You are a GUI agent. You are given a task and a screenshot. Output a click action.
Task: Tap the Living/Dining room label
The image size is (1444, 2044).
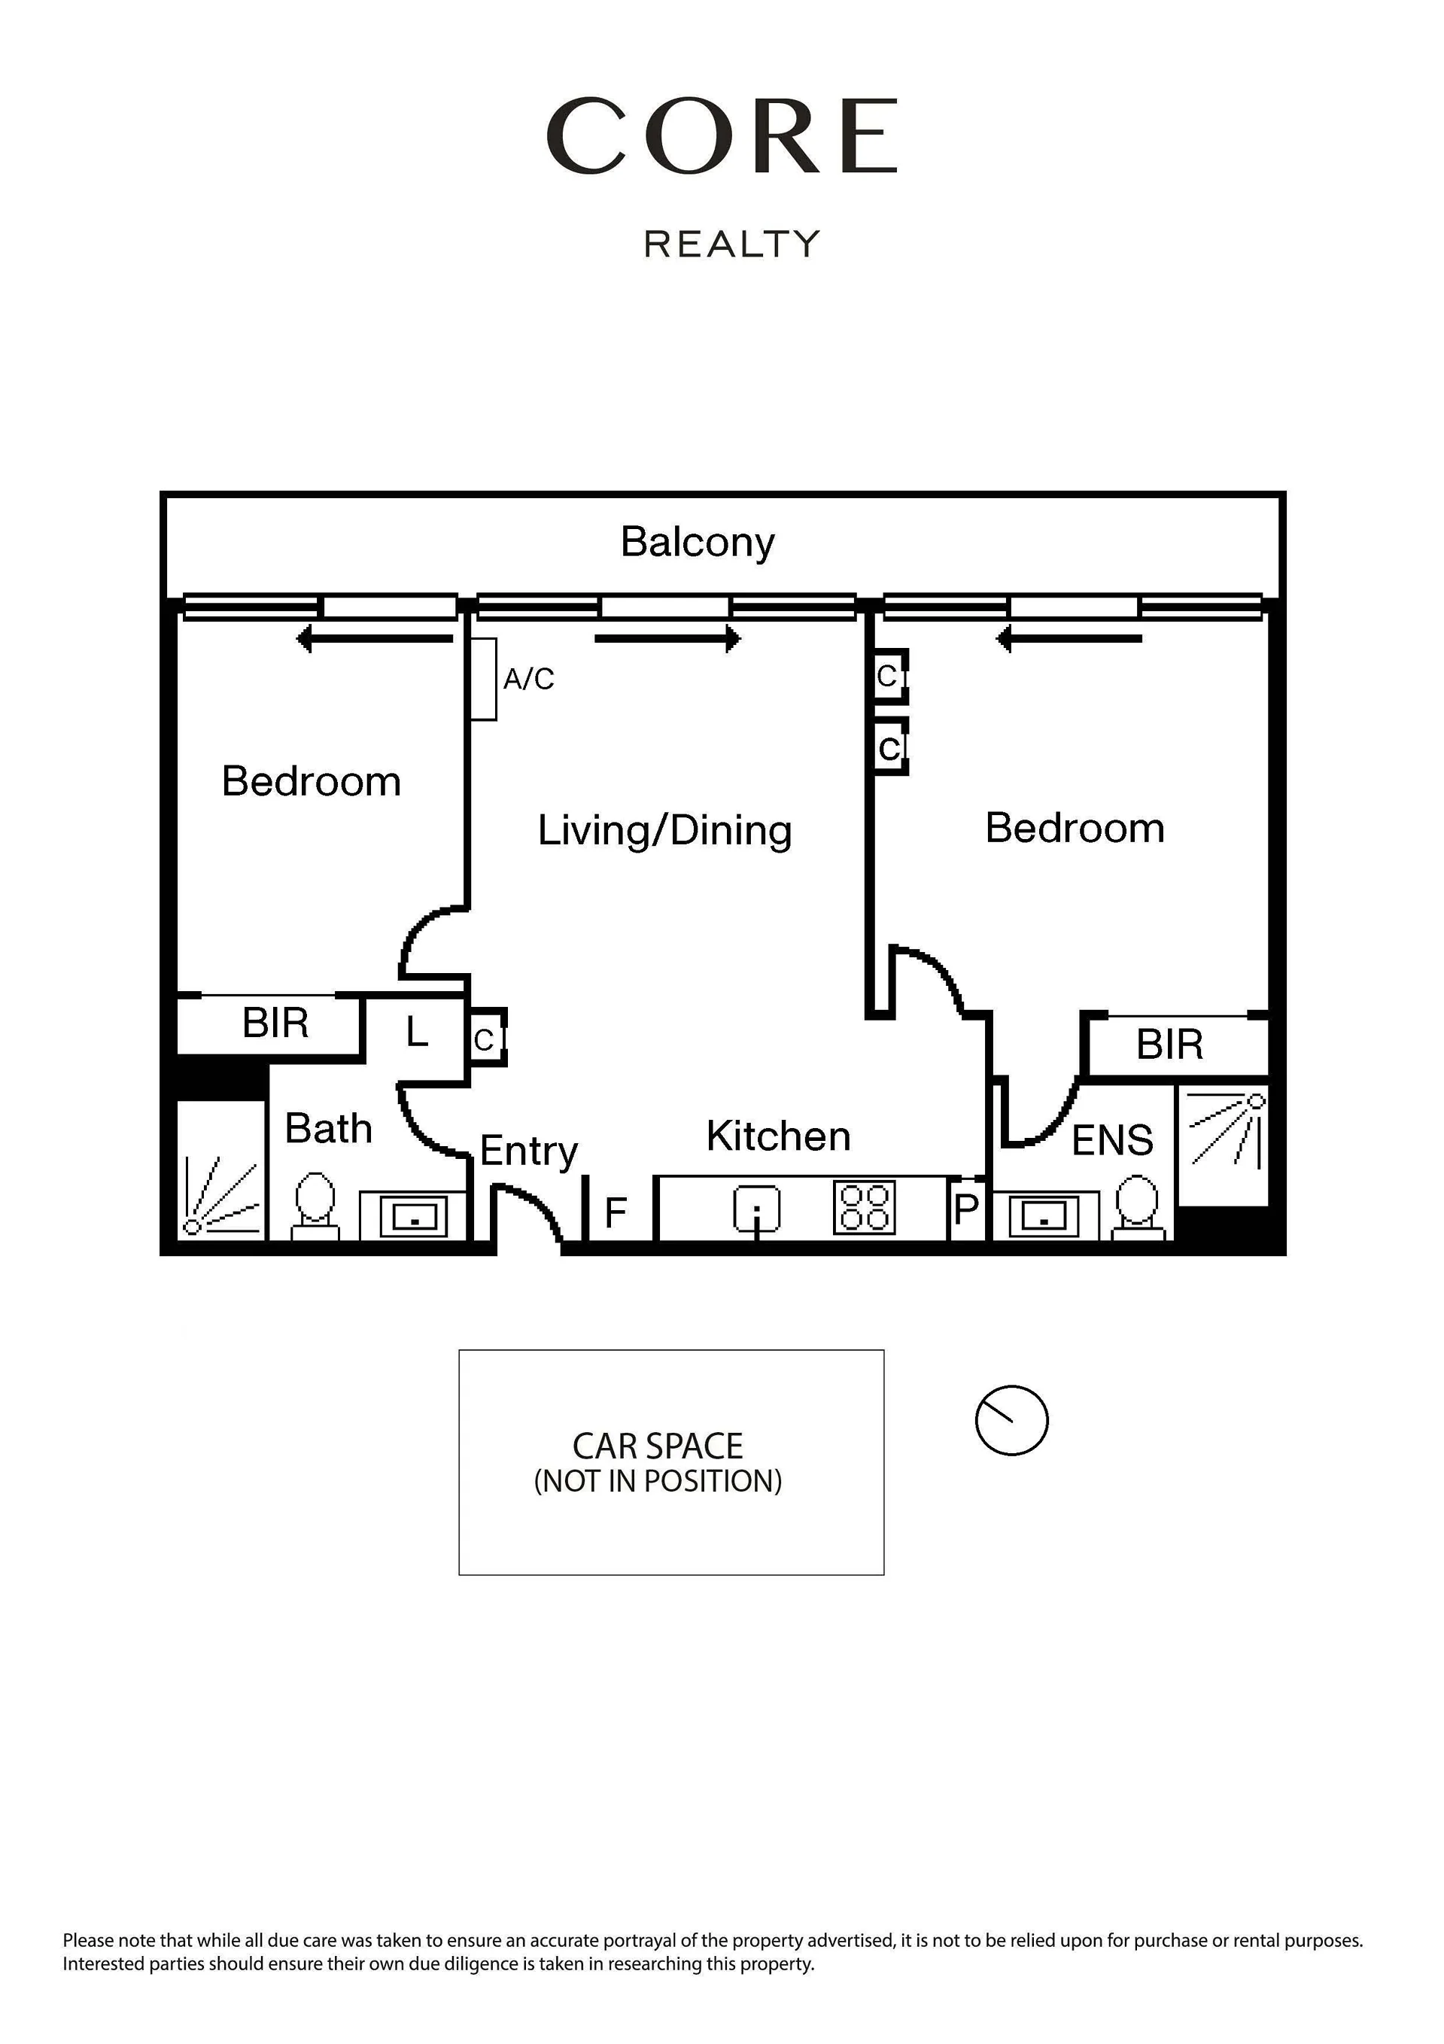(x=664, y=831)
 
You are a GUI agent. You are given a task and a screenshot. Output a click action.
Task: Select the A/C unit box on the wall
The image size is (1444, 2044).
(x=483, y=680)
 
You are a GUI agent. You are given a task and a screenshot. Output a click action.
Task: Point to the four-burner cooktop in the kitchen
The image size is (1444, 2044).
(x=864, y=1207)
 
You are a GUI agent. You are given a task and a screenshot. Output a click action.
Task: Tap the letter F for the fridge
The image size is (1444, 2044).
(x=616, y=1212)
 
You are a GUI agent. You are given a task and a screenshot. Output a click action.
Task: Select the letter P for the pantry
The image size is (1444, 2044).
(x=966, y=1209)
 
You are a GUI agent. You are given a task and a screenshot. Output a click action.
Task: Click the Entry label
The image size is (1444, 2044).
(x=529, y=1151)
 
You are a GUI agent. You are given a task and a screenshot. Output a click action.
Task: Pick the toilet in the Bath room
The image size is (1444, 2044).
(x=315, y=1206)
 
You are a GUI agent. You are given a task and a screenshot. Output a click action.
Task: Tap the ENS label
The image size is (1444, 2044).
(x=1112, y=1140)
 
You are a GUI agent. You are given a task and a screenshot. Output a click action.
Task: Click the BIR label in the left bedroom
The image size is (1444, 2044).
(x=275, y=1023)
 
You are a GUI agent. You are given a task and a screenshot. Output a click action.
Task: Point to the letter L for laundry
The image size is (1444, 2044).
(x=417, y=1032)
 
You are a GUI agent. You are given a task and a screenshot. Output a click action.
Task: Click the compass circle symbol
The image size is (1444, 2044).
(x=1011, y=1420)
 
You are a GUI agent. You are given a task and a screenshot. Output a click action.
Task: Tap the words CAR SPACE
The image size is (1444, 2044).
(x=657, y=1446)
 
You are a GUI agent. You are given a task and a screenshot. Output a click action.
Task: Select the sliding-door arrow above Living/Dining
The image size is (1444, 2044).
(x=667, y=638)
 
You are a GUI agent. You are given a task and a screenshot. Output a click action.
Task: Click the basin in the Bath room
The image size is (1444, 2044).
(x=414, y=1215)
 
